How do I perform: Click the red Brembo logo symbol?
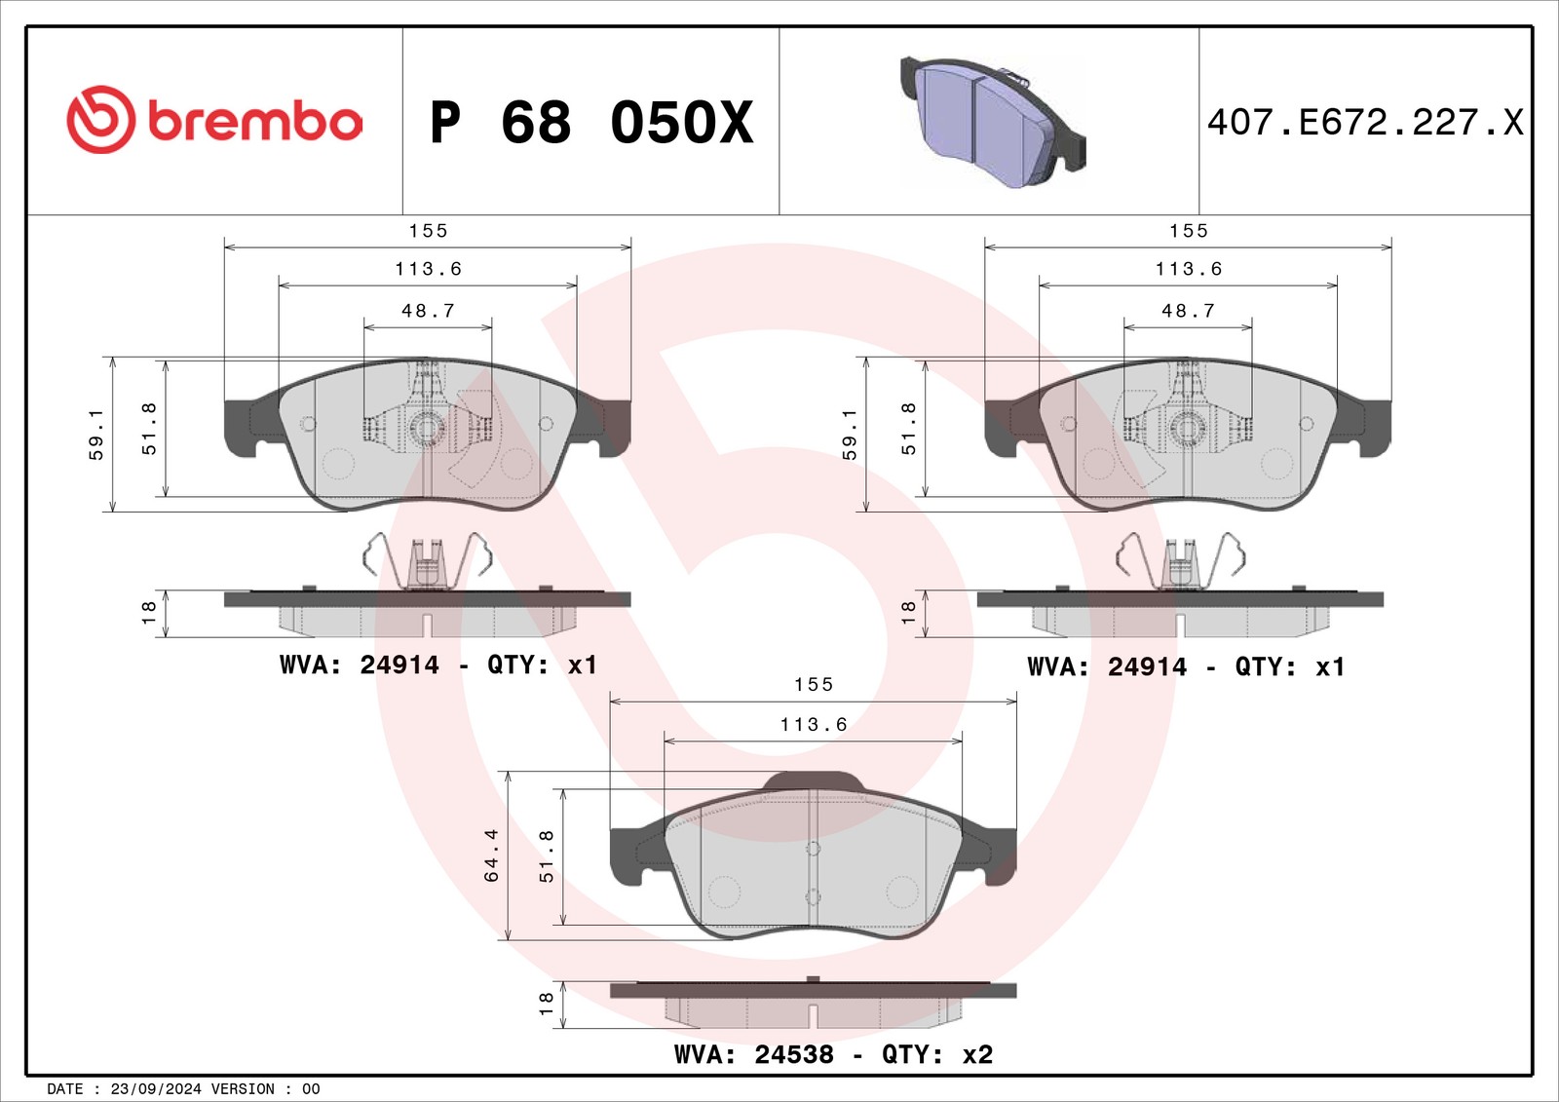[100, 120]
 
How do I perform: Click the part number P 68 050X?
[591, 123]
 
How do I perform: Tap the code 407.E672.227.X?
[1365, 123]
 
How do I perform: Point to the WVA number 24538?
[794, 1054]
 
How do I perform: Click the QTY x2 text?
[936, 1054]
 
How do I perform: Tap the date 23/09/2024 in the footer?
[156, 1088]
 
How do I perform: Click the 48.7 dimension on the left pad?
[428, 311]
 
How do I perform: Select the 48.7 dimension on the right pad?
[1188, 311]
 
